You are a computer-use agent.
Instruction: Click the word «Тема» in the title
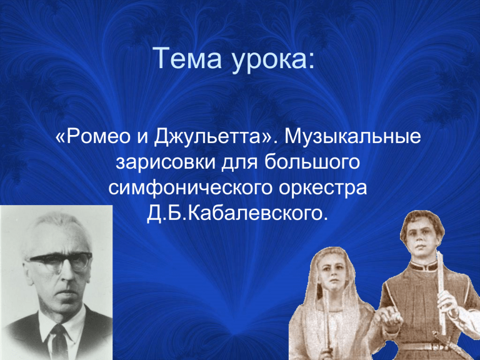pos(187,58)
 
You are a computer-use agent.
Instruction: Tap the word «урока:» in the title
pos(273,60)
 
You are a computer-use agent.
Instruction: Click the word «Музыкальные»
pos(352,137)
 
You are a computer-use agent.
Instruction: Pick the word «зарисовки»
pos(166,162)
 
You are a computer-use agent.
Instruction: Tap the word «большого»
pos(312,162)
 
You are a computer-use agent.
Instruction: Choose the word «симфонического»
pos(190,187)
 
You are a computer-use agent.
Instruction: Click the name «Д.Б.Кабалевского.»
pos(237,213)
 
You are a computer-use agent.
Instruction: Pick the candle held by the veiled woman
pos(327,321)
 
